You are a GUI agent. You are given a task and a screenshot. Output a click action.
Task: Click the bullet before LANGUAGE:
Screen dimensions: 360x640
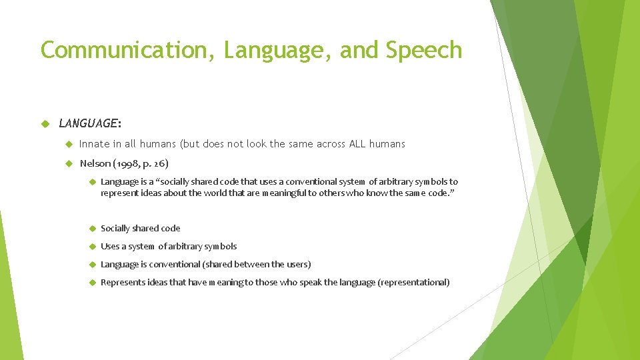tap(45, 123)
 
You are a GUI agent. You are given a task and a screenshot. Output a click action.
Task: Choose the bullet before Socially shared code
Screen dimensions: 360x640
tap(92, 228)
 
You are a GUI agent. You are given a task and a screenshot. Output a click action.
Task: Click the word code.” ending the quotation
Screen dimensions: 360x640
tap(443, 193)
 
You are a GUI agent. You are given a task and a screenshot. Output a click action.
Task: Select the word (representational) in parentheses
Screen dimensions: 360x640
tap(413, 282)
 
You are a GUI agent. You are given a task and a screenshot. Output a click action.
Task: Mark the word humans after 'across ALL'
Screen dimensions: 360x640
tap(389, 144)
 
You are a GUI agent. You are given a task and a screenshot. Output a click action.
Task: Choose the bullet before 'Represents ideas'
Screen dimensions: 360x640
tap(92, 282)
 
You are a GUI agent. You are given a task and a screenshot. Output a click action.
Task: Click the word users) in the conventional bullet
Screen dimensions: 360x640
tap(298, 264)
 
